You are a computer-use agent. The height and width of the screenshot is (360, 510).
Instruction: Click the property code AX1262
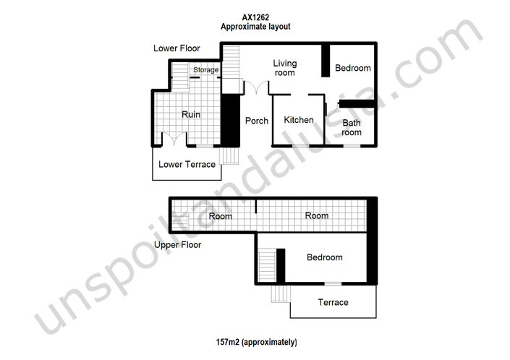[x=256, y=16]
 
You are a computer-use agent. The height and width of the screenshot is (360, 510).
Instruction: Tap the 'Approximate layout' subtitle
[x=256, y=26]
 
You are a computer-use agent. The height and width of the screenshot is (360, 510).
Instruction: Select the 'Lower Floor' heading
[x=177, y=48]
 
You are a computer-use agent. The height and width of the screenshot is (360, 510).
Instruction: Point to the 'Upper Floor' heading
[x=177, y=245]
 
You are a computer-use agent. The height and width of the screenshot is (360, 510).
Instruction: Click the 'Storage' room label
[x=205, y=70]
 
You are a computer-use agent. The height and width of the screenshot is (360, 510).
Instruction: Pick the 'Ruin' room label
[x=191, y=114]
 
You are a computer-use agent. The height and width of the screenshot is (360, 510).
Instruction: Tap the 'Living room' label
[x=284, y=68]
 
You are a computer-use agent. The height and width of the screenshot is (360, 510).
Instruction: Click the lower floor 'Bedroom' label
[x=352, y=68]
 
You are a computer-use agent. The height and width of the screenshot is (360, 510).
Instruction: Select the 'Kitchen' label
[x=298, y=120]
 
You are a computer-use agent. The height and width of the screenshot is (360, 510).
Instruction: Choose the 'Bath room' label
[x=352, y=127]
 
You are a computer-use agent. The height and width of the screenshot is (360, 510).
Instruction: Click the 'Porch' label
[x=257, y=121]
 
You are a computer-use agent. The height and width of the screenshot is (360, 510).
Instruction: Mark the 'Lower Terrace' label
[x=187, y=164]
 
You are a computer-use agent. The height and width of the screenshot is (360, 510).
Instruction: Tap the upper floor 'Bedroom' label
[x=324, y=257]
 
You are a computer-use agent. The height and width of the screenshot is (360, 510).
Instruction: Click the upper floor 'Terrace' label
[x=333, y=302]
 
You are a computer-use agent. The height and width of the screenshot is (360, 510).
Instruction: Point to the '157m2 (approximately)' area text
[x=256, y=341]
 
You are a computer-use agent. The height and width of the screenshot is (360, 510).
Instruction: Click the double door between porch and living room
[x=255, y=88]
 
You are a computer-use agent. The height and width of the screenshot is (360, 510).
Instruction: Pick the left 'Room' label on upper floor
[x=221, y=215]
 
